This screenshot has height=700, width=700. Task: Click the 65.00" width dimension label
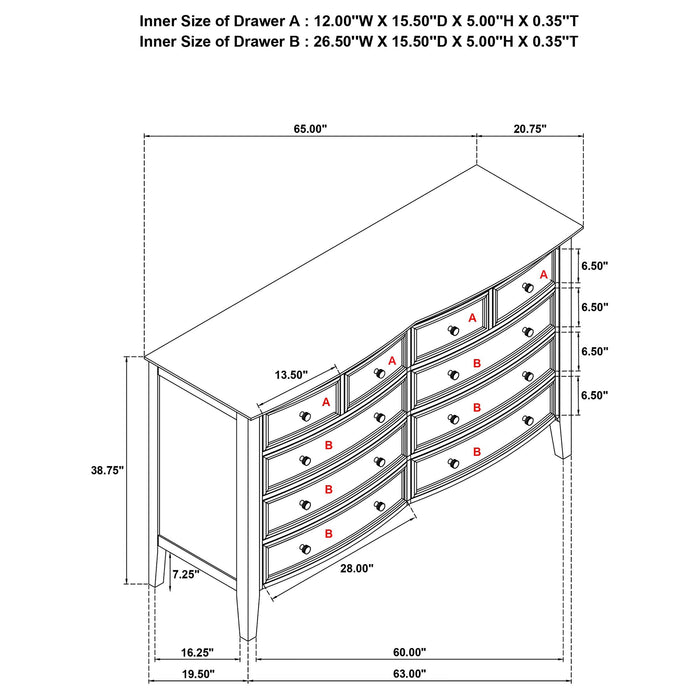[310, 128]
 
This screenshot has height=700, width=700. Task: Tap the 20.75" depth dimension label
[529, 128]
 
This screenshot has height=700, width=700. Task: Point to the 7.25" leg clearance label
[185, 574]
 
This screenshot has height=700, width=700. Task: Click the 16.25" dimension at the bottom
[197, 652]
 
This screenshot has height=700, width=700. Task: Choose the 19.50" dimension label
[197, 674]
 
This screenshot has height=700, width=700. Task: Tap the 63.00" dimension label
[408, 674]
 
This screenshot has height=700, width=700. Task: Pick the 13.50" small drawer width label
[292, 375]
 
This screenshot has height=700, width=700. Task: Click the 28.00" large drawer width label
[355, 567]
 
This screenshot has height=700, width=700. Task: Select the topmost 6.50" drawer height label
[594, 266]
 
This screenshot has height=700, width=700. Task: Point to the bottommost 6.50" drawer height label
[594, 395]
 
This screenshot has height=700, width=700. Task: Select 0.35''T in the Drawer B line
[549, 42]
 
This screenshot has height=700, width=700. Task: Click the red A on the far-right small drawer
[544, 274]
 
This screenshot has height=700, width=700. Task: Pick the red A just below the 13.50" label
[326, 402]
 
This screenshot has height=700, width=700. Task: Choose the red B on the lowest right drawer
[477, 452]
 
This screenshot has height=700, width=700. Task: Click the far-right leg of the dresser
[559, 438]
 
